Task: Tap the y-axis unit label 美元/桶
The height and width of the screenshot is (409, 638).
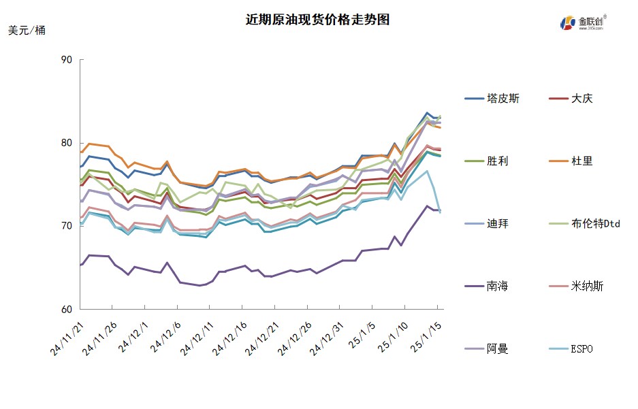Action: pyautogui.click(x=27, y=31)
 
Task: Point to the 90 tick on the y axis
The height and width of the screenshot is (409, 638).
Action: pyautogui.click(x=66, y=60)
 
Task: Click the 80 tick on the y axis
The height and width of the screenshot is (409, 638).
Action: pyautogui.click(x=66, y=143)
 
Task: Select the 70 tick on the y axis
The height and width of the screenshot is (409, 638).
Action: pyautogui.click(x=66, y=226)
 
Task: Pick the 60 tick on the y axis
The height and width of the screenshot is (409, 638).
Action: pyautogui.click(x=66, y=309)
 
